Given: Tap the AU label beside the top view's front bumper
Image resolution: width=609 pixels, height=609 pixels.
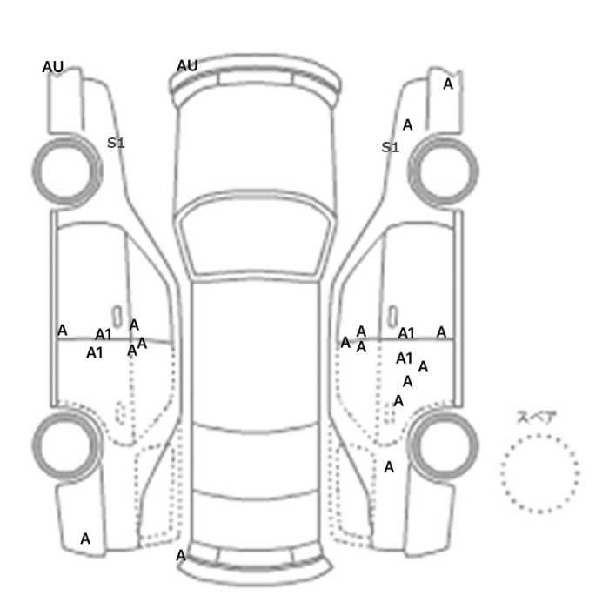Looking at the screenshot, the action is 187,65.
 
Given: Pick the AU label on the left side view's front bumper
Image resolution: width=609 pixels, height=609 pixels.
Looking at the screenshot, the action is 53,67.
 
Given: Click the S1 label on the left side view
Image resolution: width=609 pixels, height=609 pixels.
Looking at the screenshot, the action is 116,143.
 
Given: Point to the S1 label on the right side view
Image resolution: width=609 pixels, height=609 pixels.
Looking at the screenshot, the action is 391,147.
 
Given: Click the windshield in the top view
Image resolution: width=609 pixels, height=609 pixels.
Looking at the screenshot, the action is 256,234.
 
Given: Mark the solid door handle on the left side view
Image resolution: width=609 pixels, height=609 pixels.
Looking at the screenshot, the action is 117,317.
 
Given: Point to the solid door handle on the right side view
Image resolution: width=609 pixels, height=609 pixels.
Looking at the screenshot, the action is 393,317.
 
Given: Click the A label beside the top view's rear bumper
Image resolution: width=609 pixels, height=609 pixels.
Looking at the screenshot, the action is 181,556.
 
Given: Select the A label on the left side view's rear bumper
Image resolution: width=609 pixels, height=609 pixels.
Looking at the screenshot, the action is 85,539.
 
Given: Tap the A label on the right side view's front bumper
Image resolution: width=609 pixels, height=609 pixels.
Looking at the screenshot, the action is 448,84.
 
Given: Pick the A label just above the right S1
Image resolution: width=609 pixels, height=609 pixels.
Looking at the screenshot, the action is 407,125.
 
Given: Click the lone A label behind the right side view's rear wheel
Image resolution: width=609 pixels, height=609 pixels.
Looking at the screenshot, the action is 389,467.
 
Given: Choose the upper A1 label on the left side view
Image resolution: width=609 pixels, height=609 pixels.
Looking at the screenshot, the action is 104,334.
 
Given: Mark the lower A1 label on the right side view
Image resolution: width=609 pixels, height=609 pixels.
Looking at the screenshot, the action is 405,358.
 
